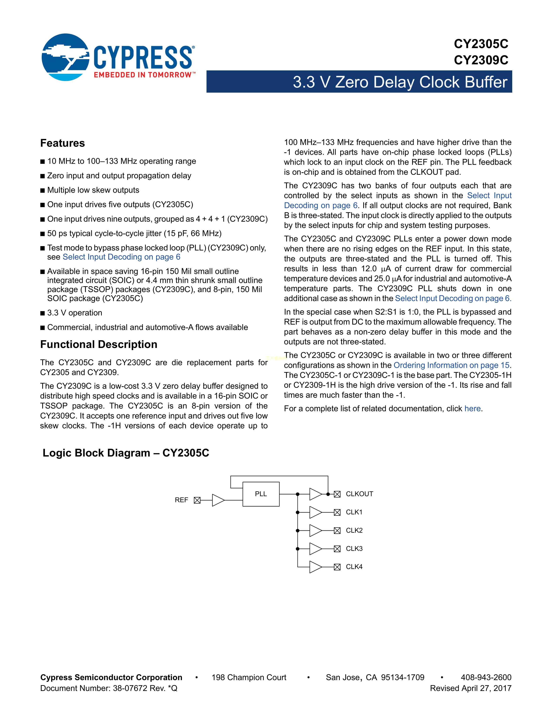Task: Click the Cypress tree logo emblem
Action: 65,57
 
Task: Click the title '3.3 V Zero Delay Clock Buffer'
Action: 400,82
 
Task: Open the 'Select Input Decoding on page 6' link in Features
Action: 121,257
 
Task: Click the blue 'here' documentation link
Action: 472,409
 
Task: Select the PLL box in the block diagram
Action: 261,494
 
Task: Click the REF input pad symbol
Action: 197,500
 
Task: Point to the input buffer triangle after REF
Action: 218,500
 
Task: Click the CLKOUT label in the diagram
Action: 359,494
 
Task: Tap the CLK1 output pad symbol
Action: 337,512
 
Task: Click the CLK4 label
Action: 354,567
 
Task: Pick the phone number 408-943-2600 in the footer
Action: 486,677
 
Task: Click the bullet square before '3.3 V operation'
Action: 43,313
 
